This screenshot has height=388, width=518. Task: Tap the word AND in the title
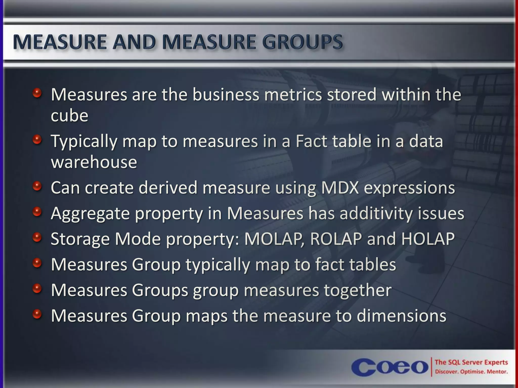tap(134, 42)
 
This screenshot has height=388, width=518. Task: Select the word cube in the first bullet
tap(70, 115)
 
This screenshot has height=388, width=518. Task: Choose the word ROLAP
tap(336, 239)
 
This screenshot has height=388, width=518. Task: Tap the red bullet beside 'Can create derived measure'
tap(37, 186)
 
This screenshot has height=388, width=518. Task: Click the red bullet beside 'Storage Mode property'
tap(37, 237)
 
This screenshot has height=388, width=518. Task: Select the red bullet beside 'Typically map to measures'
tap(37, 139)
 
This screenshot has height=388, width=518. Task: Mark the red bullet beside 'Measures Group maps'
tap(37, 314)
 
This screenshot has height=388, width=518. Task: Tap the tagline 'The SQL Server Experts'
tap(471, 362)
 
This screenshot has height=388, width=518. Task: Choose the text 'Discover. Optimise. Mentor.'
tap(471, 372)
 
